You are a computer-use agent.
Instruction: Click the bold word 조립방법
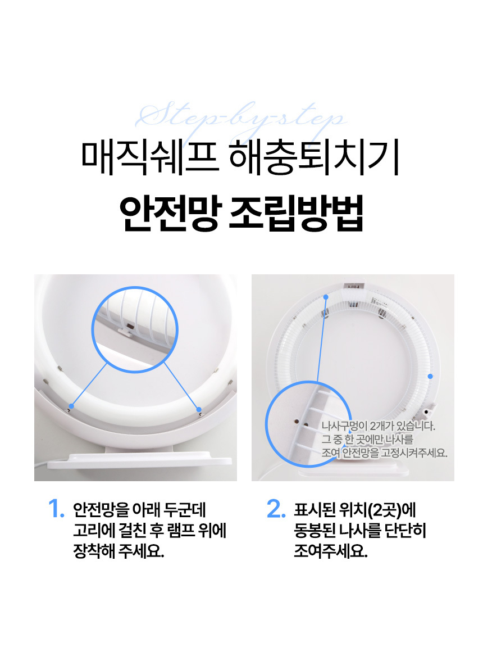coord(296,213)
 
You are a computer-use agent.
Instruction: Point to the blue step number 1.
coord(56,508)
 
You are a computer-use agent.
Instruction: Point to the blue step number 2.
coord(276,508)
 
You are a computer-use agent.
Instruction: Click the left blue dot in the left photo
coord(71,406)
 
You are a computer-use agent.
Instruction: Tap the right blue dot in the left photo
coord(199,409)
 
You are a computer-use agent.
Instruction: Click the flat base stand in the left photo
coord(139,460)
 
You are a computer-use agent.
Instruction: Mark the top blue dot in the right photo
coord(326,297)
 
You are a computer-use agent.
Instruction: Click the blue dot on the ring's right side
coord(430,376)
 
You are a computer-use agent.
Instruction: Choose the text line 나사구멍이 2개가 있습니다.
coord(378,426)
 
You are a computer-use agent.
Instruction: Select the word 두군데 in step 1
coord(185,510)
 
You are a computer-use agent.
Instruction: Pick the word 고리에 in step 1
coord(94,531)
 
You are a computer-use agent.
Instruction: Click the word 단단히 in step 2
coord(405,531)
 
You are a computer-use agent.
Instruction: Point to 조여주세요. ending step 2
coord(330,551)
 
